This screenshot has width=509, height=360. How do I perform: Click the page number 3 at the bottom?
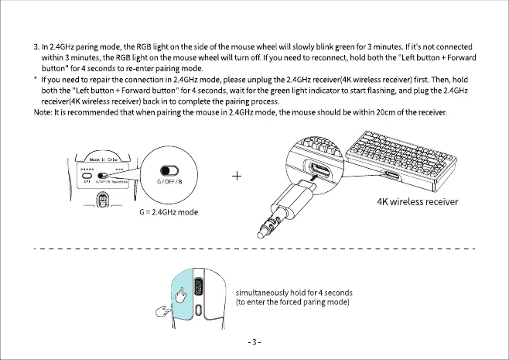(254, 342)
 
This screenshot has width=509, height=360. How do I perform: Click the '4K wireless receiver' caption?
(417, 202)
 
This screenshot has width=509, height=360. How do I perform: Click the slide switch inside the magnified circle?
(169, 172)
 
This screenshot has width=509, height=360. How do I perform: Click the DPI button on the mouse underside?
(87, 175)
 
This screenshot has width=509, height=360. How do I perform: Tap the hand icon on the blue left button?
(181, 296)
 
